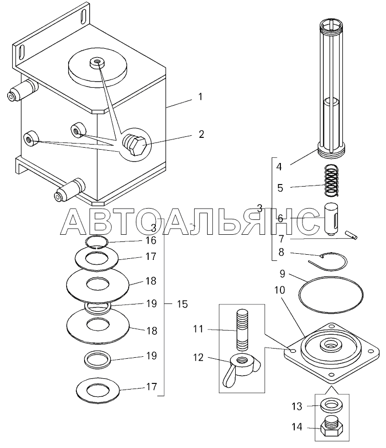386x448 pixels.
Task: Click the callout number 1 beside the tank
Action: point(200,97)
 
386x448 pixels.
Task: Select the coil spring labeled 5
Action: point(332,180)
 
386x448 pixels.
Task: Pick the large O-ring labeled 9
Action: point(331,294)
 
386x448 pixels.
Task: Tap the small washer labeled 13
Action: point(332,406)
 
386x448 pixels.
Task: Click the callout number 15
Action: point(182,304)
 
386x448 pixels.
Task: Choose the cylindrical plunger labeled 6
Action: point(332,219)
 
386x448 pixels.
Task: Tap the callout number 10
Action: point(280,290)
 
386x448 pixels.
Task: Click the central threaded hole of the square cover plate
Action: point(332,345)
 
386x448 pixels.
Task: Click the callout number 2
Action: point(201,134)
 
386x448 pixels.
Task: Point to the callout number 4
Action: point(279,167)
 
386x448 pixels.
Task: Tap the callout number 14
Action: point(297,427)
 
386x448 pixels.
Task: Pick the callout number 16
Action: point(151,240)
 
